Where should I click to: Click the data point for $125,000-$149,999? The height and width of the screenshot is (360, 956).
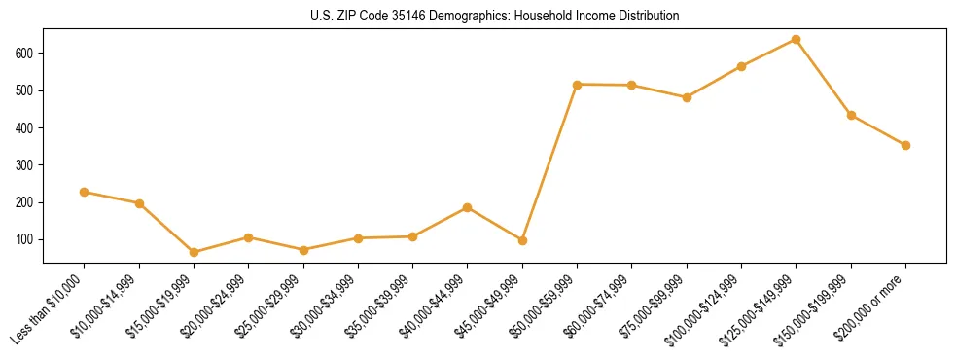pos(797,40)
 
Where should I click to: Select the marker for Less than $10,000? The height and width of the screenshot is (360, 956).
pos(85,193)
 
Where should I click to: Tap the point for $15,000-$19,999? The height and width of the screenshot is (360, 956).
pos(195,252)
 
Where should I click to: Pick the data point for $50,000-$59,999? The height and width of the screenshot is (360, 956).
pos(578,85)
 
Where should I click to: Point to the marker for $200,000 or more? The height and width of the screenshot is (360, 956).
pos(905,145)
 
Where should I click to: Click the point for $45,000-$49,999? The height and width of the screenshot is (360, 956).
pos(523,240)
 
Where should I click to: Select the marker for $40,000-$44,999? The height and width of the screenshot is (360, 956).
pos(468,207)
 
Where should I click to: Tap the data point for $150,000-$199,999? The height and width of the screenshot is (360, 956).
pos(851,115)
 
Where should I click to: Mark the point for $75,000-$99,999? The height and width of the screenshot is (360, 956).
pos(687,97)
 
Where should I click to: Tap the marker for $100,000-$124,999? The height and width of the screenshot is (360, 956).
pos(741,66)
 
